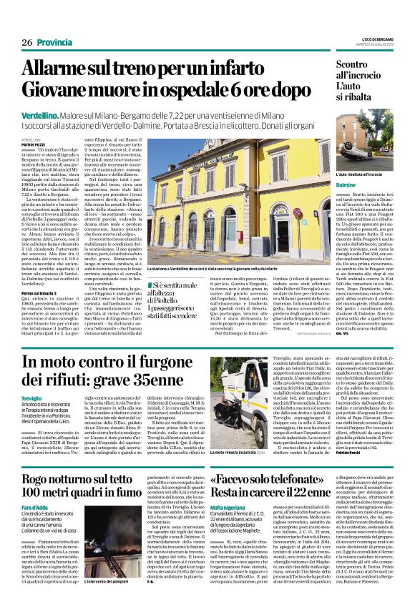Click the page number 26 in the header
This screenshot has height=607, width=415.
27,43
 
